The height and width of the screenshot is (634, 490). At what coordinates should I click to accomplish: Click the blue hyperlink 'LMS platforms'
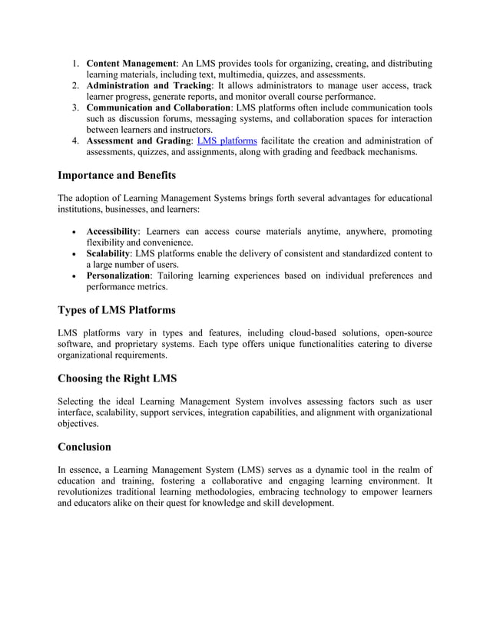click(227, 140)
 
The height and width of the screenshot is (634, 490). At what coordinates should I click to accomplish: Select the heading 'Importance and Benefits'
click(117, 176)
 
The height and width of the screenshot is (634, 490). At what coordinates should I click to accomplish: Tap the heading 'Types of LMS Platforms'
click(117, 310)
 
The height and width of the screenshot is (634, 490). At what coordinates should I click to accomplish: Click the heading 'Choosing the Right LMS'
click(117, 378)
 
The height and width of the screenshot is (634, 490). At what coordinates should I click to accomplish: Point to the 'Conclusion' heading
click(84, 447)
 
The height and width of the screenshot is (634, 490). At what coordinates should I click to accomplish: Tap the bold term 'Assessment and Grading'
click(138, 140)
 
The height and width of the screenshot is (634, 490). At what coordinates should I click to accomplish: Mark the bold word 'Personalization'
click(118, 276)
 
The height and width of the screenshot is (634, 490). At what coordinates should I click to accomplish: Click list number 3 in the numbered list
click(75, 108)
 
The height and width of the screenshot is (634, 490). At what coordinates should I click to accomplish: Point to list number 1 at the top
click(75, 63)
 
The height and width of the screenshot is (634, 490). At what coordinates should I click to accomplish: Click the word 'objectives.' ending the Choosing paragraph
click(78, 423)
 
